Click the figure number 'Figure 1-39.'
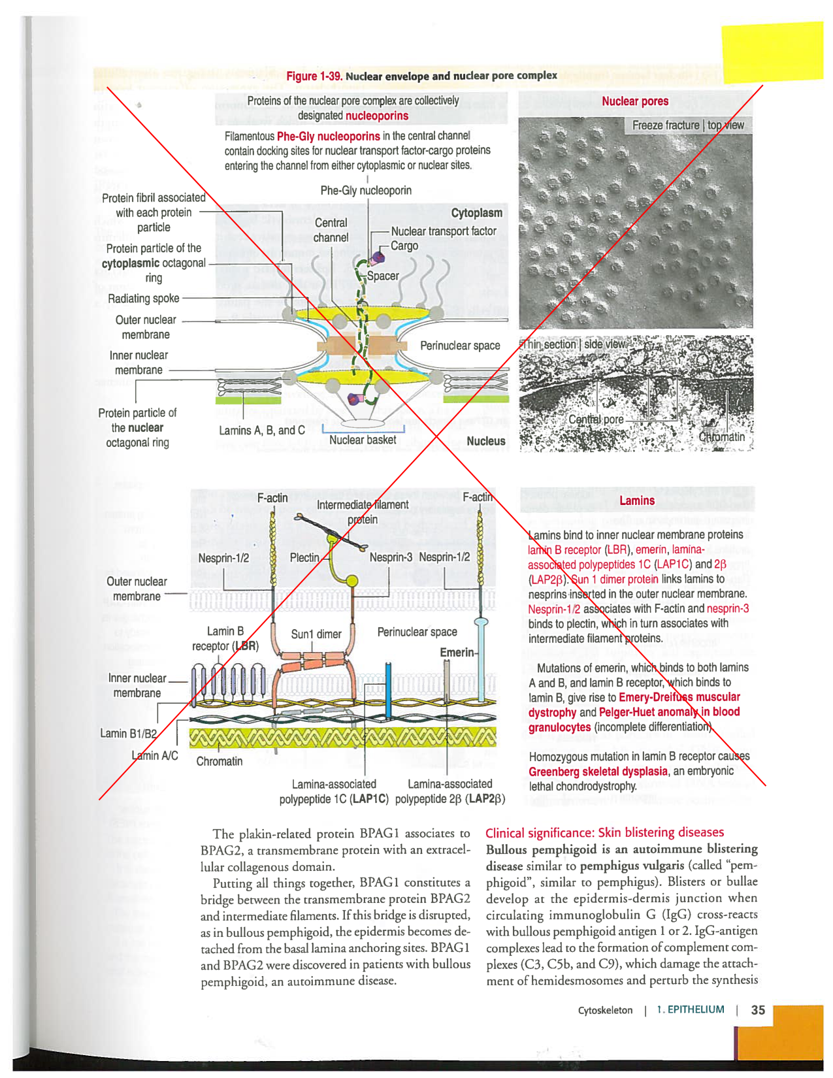(314, 76)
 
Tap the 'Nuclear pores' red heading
(635, 101)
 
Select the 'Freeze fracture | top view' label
(688, 125)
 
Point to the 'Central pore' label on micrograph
(595, 419)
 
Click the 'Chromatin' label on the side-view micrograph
(721, 436)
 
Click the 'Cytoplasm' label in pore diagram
(476, 213)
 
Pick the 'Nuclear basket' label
(363, 440)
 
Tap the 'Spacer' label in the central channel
(383, 276)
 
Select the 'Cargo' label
(404, 246)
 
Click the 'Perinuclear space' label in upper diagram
(460, 346)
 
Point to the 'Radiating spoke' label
(143, 299)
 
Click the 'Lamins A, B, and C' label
(262, 431)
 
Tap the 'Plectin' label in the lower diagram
(304, 557)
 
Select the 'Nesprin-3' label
(391, 557)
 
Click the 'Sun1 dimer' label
(316, 634)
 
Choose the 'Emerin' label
(457, 652)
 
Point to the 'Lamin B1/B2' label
(128, 734)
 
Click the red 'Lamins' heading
(637, 500)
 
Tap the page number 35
(758, 1010)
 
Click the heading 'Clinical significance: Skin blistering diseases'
(604, 832)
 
